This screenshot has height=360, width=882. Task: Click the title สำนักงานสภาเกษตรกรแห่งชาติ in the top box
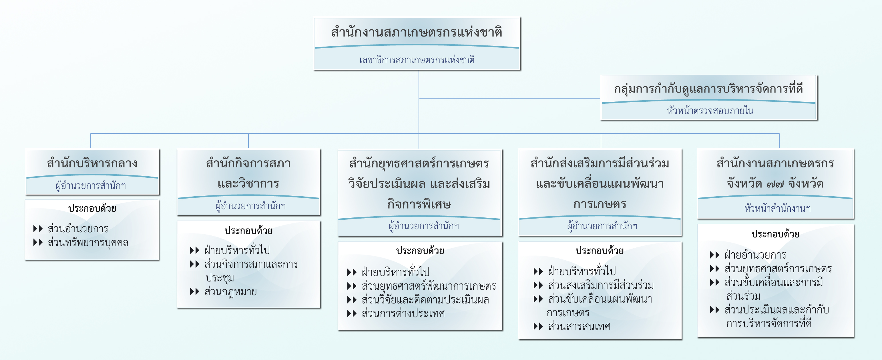click(x=417, y=33)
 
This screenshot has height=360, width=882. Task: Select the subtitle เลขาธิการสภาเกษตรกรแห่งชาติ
click(x=417, y=60)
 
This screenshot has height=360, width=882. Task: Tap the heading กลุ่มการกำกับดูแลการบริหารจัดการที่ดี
click(x=708, y=89)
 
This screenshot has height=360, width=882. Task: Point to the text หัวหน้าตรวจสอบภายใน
click(x=710, y=111)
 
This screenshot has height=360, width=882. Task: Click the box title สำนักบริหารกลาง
click(x=92, y=163)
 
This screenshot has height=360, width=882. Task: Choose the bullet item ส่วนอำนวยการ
click(x=78, y=229)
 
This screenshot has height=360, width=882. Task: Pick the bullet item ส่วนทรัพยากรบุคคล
click(x=88, y=243)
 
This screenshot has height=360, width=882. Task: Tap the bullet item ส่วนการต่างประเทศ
click(x=403, y=313)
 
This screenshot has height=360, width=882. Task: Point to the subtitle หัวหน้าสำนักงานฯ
click(x=777, y=208)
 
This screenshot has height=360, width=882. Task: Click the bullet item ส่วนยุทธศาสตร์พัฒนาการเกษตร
click(x=429, y=286)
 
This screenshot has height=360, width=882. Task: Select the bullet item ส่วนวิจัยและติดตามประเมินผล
click(x=425, y=300)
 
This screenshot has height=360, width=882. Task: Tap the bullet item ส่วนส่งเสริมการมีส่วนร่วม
click(x=601, y=285)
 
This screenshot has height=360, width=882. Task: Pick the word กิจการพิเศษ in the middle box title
click(x=419, y=204)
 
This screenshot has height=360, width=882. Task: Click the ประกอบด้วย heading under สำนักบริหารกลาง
click(x=92, y=208)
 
